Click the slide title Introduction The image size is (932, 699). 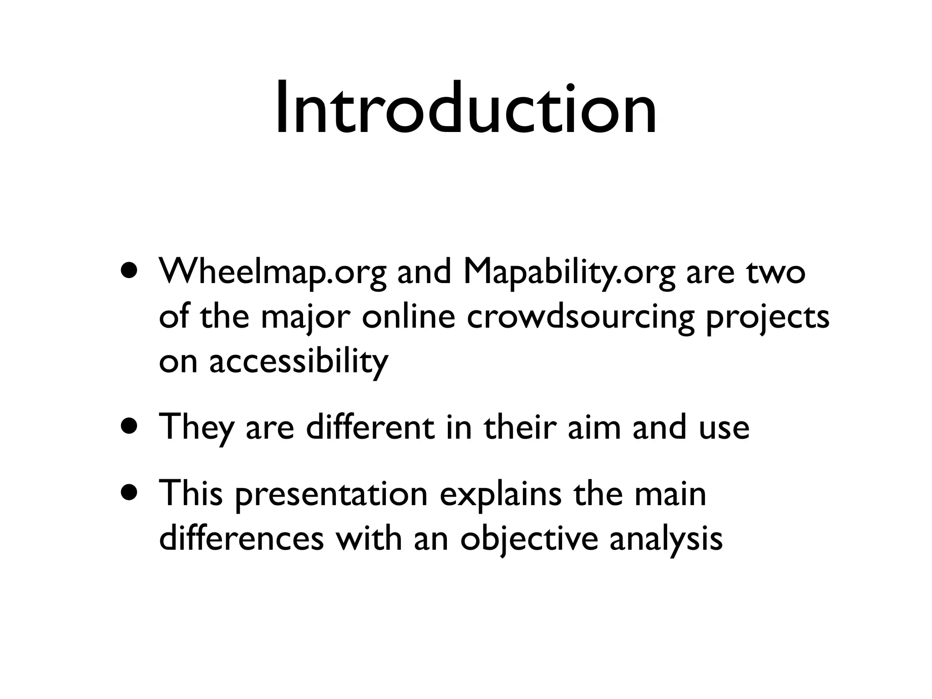466,109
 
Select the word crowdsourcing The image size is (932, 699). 580,318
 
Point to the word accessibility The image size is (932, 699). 299,361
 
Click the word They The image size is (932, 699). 196,428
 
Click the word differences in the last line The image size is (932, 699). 241,539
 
